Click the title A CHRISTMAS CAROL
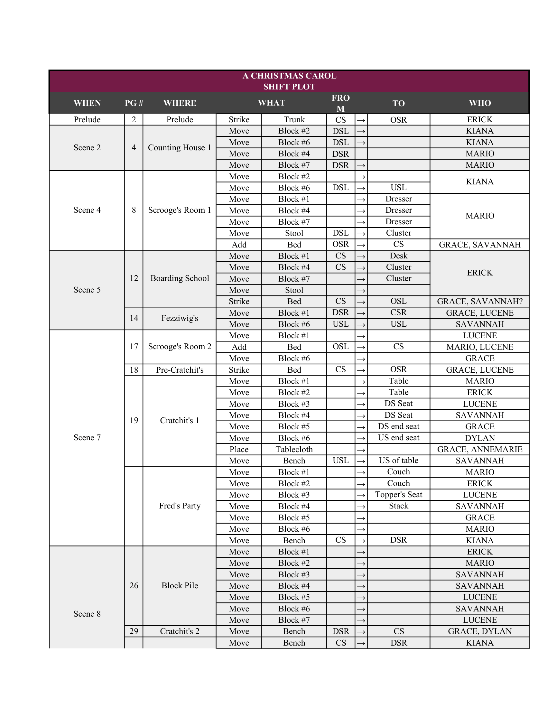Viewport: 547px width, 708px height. pyautogui.click(x=289, y=76)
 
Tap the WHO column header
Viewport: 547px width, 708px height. pyautogui.click(x=480, y=103)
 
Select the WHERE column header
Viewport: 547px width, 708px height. pyautogui.click(x=180, y=103)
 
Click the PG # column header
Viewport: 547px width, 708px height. pyautogui.click(x=134, y=103)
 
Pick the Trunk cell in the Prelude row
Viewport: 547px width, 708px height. pyautogui.click(x=294, y=120)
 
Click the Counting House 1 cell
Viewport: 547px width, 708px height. pyautogui.click(x=180, y=147)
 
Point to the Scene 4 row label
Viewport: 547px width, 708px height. pyautogui.click(x=87, y=210)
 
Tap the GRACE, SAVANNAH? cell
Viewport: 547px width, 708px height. pyautogui.click(x=480, y=302)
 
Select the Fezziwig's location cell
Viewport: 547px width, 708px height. pyautogui.click(x=180, y=318)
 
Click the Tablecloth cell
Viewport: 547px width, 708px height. pyautogui.click(x=294, y=449)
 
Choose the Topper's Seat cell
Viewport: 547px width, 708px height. pyautogui.click(x=398, y=495)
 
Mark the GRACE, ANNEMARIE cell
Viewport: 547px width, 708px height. pyautogui.click(x=480, y=449)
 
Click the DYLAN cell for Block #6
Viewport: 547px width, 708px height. pyautogui.click(x=480, y=438)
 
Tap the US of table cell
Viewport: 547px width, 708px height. pyautogui.click(x=398, y=461)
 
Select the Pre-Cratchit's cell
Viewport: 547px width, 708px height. pyautogui.click(x=180, y=370)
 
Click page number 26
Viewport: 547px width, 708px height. pyautogui.click(x=134, y=585)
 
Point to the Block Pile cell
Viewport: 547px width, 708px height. pyautogui.click(x=180, y=585)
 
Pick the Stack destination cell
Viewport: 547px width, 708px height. pyautogui.click(x=398, y=506)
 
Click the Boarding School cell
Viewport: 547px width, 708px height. pyautogui.click(x=180, y=278)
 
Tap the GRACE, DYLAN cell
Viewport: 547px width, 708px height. pyautogui.click(x=480, y=631)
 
